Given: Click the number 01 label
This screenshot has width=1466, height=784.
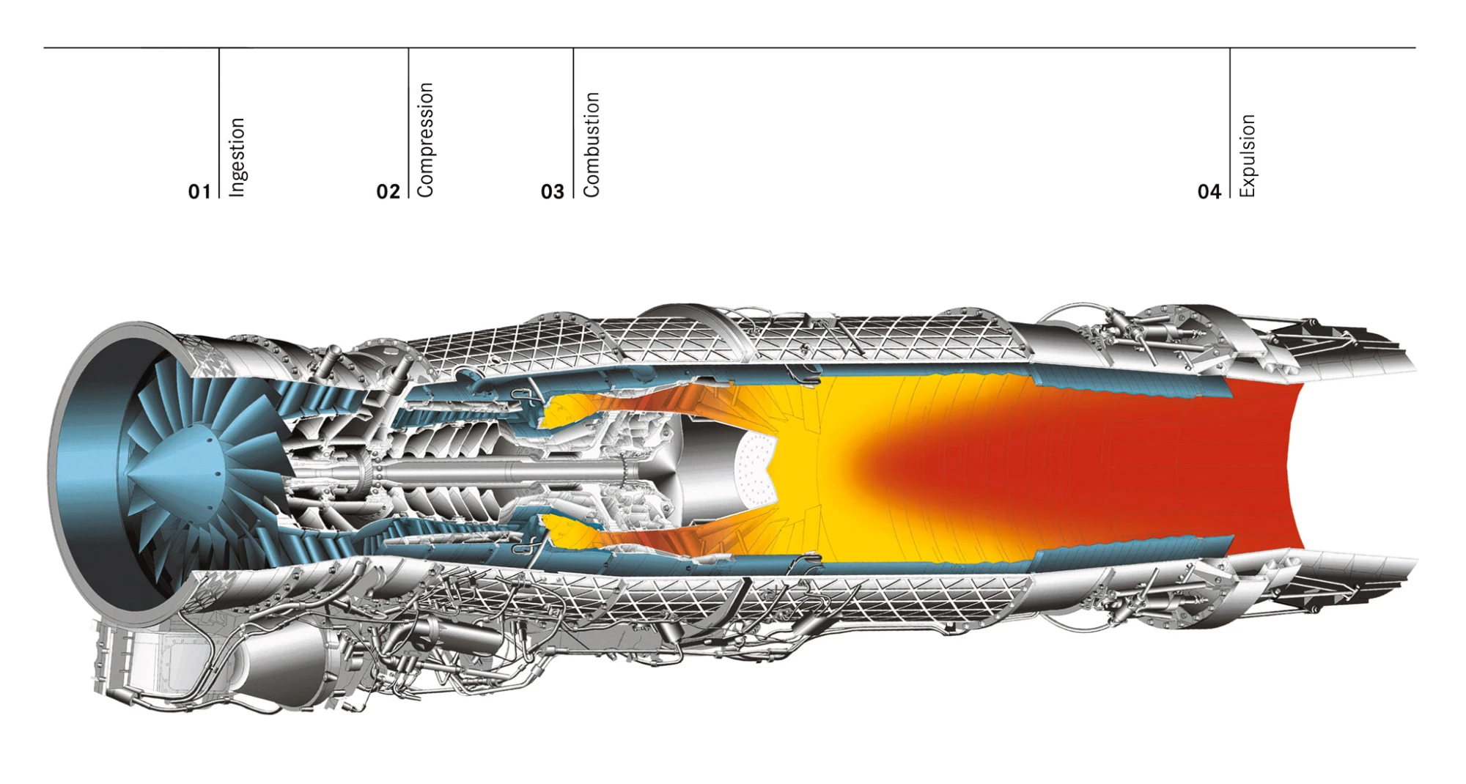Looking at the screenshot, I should pos(199,191).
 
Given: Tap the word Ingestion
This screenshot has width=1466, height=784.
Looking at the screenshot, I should pos(237,157).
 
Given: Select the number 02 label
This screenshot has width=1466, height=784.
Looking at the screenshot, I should pos(388,191).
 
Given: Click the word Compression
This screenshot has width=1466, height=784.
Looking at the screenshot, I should pos(425,139).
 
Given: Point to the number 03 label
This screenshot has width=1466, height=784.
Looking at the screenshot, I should pos(553,191).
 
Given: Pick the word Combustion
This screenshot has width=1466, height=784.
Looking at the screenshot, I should pos(591,144).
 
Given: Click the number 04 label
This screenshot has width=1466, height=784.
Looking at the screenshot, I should pos(1209,191).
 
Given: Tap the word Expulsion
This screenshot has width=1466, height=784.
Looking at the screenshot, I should pos(1247,155).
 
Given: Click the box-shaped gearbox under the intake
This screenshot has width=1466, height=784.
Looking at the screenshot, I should pos(139,659).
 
